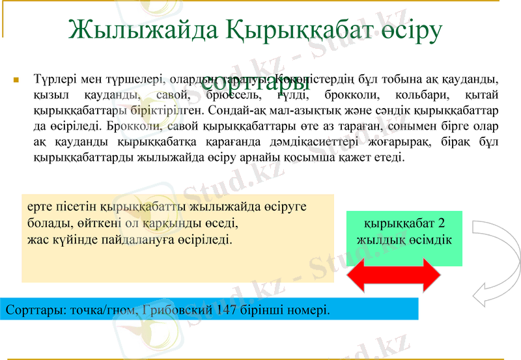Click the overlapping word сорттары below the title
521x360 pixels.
point(255,83)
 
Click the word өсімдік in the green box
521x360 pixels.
point(430,240)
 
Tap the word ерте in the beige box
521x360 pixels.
point(40,207)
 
